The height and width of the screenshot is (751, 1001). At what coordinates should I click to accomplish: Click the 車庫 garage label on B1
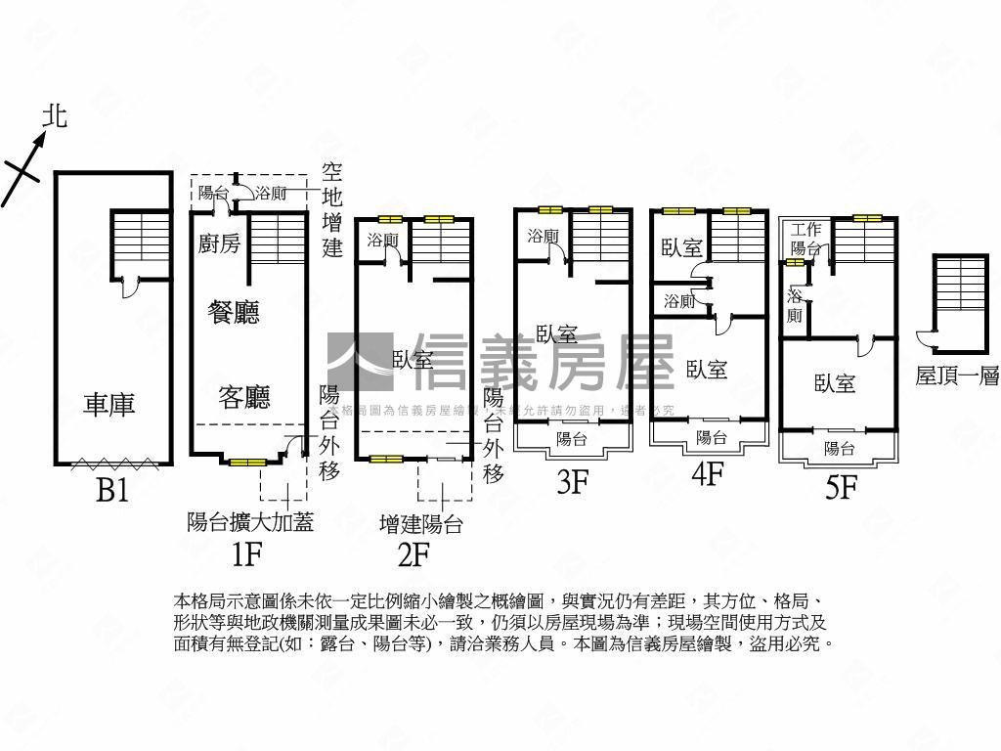pos(109,404)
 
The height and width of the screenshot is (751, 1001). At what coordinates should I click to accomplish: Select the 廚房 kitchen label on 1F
pos(219,243)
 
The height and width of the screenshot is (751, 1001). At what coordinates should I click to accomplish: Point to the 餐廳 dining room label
pos(235,313)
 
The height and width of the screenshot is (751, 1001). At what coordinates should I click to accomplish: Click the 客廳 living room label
pos(243,397)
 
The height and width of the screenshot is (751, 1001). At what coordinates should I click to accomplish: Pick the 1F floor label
pos(246,554)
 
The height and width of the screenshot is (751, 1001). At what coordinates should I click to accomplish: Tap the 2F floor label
pos(413,554)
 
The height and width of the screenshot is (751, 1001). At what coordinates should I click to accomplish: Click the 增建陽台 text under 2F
pos(420,524)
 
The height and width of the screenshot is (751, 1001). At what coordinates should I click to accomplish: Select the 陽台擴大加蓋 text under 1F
pos(250,522)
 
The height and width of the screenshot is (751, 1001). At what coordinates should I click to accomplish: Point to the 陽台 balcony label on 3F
pos(572,439)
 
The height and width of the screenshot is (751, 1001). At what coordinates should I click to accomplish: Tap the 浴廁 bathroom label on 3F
pos(542,236)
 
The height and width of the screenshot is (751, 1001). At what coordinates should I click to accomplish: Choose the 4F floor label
pos(707,475)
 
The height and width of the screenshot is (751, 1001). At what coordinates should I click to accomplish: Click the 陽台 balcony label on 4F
pos(711,437)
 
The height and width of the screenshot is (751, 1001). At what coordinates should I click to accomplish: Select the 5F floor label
pos(840,487)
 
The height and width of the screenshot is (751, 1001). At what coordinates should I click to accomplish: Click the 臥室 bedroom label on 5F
pos(835,384)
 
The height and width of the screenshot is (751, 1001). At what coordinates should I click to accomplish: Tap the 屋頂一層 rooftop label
pos(957,377)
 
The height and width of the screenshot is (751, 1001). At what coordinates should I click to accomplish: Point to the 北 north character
pos(55,117)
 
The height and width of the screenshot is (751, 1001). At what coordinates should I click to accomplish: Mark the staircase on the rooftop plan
pos(959,283)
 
